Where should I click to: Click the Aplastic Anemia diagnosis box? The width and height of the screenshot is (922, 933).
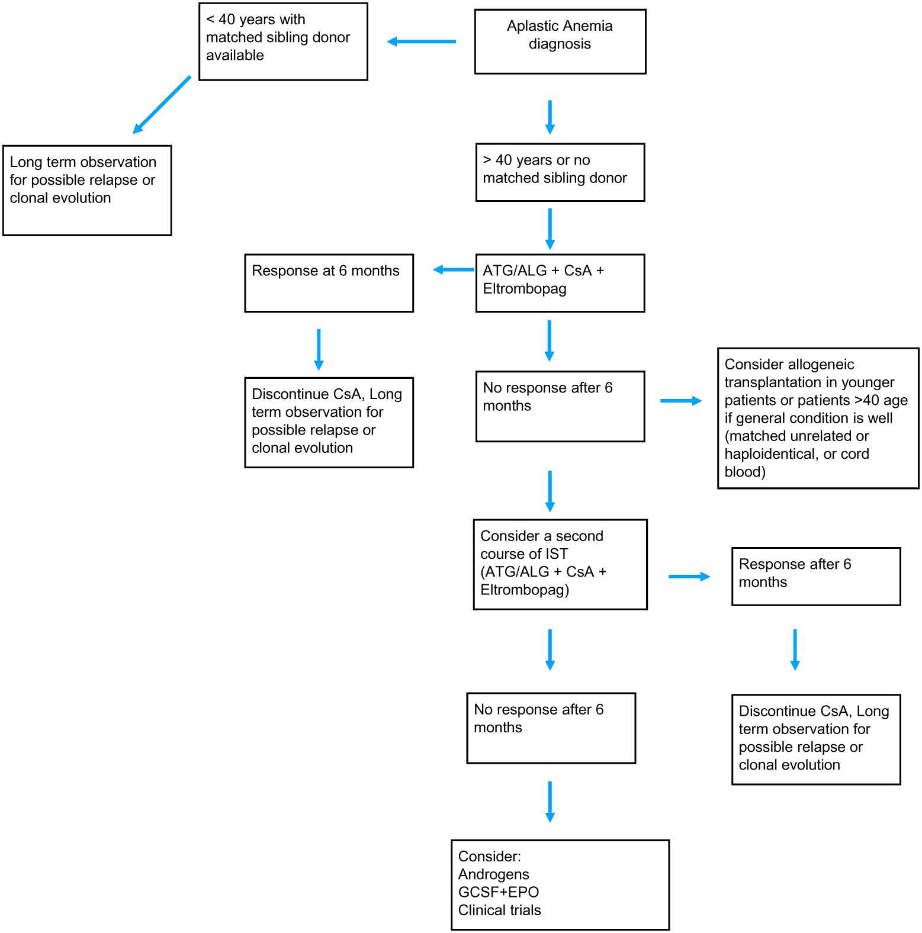pyautogui.click(x=560, y=41)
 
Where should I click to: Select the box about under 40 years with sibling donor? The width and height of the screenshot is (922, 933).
pyautogui.click(x=283, y=41)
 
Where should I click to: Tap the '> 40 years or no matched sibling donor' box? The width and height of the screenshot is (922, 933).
pyautogui.click(x=560, y=172)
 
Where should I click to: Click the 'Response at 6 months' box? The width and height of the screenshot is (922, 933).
pyautogui.click(x=329, y=283)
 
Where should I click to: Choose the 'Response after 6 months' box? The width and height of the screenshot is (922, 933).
pyautogui.click(x=816, y=577)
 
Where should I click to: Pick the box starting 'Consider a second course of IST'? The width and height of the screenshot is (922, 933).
pyautogui.click(x=560, y=564)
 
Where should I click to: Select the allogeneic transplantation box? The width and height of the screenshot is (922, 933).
pyautogui.click(x=818, y=418)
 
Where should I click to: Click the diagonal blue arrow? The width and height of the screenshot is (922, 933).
pyautogui.click(x=162, y=105)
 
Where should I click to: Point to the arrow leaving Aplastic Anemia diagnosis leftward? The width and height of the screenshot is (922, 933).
pyautogui.click(x=421, y=41)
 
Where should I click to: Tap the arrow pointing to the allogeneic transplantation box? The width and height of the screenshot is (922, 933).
pyautogui.click(x=681, y=401)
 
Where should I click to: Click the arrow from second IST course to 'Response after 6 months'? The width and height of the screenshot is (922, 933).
pyautogui.click(x=689, y=577)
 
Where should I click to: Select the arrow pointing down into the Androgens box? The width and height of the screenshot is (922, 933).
pyautogui.click(x=550, y=802)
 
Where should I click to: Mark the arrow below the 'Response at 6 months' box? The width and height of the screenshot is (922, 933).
pyautogui.click(x=319, y=350)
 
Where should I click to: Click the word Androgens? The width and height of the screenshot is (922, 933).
pyautogui.click(x=494, y=874)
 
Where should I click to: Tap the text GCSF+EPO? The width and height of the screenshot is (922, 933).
pyautogui.click(x=499, y=892)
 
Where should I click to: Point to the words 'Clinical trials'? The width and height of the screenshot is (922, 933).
pyautogui.click(x=500, y=910)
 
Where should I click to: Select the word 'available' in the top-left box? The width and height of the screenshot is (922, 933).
pyautogui.click(x=235, y=55)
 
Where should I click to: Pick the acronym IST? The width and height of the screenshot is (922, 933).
pyautogui.click(x=557, y=554)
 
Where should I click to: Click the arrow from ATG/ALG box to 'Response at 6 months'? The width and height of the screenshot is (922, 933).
pyautogui.click(x=454, y=270)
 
